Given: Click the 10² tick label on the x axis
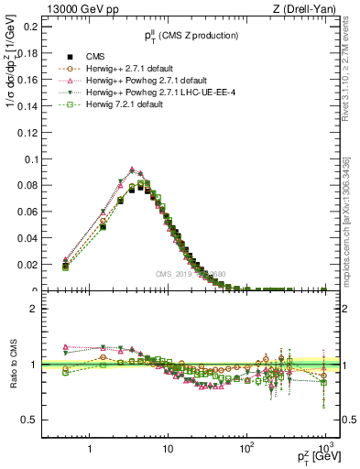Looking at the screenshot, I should pos(246,449).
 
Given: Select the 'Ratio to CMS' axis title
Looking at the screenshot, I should pos(12,364).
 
